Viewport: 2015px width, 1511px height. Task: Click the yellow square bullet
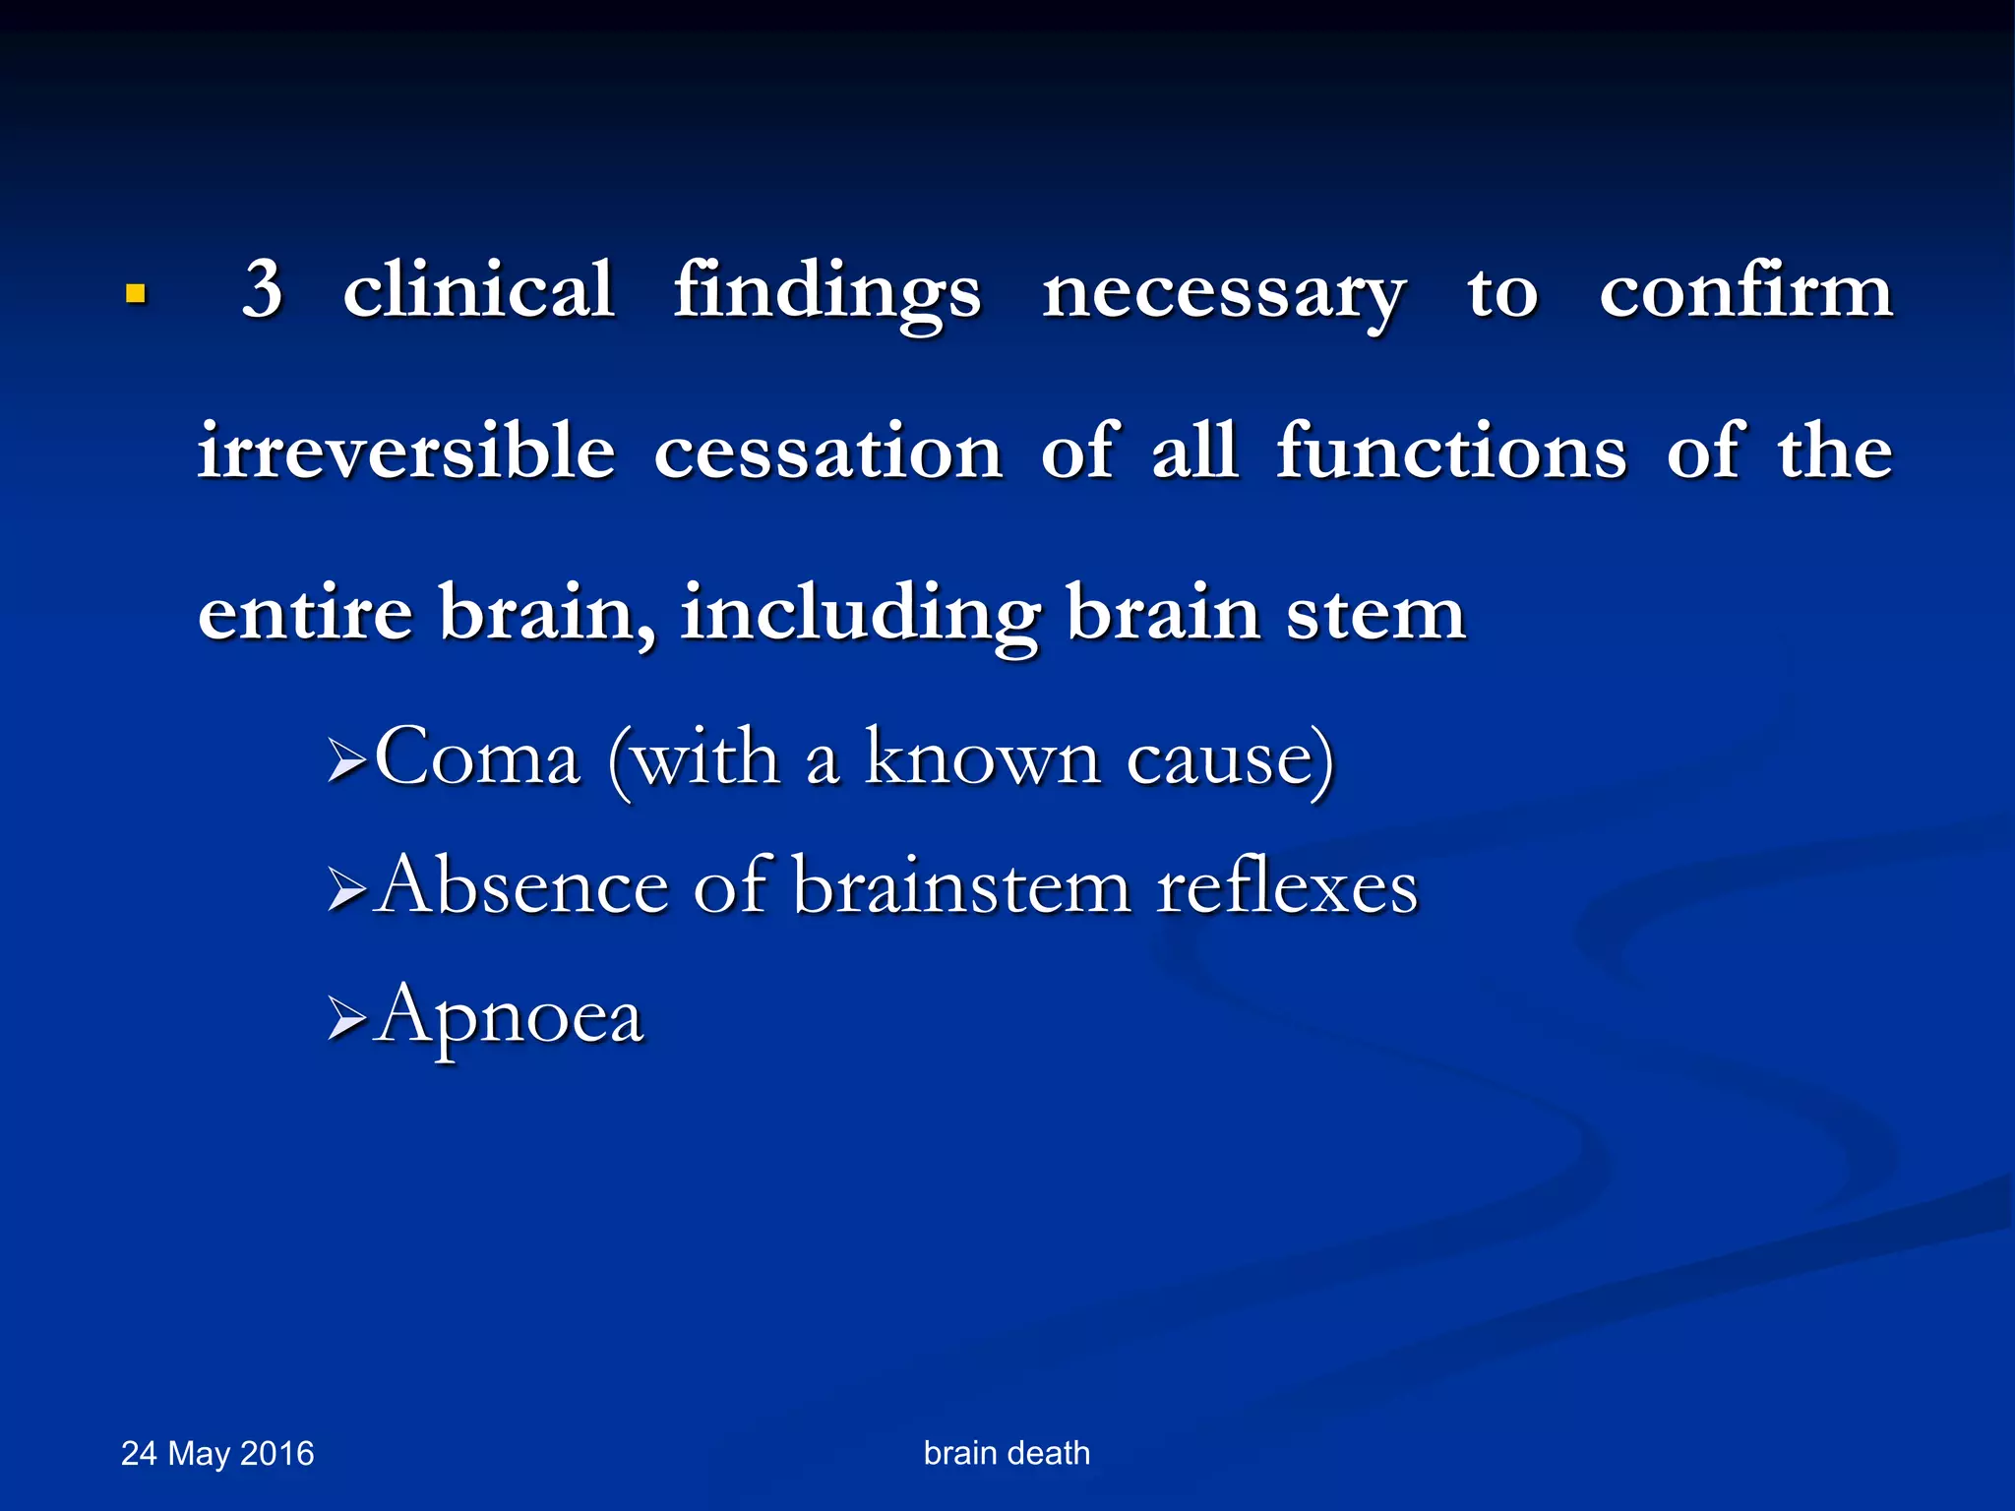click(x=136, y=293)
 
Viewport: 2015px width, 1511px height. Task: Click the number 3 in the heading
click(x=263, y=290)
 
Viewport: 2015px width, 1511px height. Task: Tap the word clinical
click(x=479, y=290)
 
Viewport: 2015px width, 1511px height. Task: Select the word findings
click(x=827, y=293)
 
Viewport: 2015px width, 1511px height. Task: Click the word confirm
click(x=1745, y=290)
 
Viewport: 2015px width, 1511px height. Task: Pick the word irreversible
click(x=406, y=452)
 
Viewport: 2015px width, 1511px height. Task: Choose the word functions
click(x=1451, y=452)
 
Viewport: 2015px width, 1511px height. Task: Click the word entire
click(x=305, y=613)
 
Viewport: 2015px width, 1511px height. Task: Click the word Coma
click(x=478, y=758)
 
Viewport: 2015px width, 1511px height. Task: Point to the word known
click(x=982, y=758)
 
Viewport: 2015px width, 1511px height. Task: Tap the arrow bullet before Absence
click(x=346, y=889)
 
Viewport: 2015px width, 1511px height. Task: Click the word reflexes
click(x=1287, y=887)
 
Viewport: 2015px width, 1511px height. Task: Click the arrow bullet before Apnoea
click(x=346, y=1018)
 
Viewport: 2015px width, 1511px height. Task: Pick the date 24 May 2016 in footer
click(x=217, y=1453)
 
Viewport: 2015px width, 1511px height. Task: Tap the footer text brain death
click(x=1007, y=1453)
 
